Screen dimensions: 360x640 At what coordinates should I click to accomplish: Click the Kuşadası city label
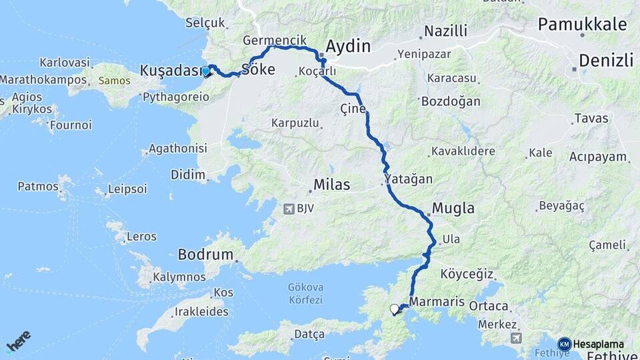pos(171,70)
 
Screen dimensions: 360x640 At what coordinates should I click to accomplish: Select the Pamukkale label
pos(583,25)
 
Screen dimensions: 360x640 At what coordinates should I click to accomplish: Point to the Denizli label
pos(605,61)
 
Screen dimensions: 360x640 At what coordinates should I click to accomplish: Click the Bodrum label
pos(206,255)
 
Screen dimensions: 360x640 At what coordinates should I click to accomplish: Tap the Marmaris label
pos(437,302)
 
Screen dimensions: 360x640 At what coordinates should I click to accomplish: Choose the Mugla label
pos(453,209)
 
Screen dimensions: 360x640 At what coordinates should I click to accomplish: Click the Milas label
pos(331,185)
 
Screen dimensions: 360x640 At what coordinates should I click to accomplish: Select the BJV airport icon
pos(288,209)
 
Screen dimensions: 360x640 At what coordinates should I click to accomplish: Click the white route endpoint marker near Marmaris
pos(395,309)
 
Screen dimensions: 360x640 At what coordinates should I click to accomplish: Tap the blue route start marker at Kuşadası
pos(206,71)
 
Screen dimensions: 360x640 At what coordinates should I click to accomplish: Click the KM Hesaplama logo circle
pos(564,344)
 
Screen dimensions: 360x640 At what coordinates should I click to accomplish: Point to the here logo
pos(18,341)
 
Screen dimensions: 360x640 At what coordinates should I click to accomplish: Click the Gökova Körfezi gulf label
pos(305,293)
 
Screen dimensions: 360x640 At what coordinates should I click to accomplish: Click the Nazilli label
pos(445,31)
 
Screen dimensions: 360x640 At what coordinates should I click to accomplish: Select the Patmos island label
pos(38,186)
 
